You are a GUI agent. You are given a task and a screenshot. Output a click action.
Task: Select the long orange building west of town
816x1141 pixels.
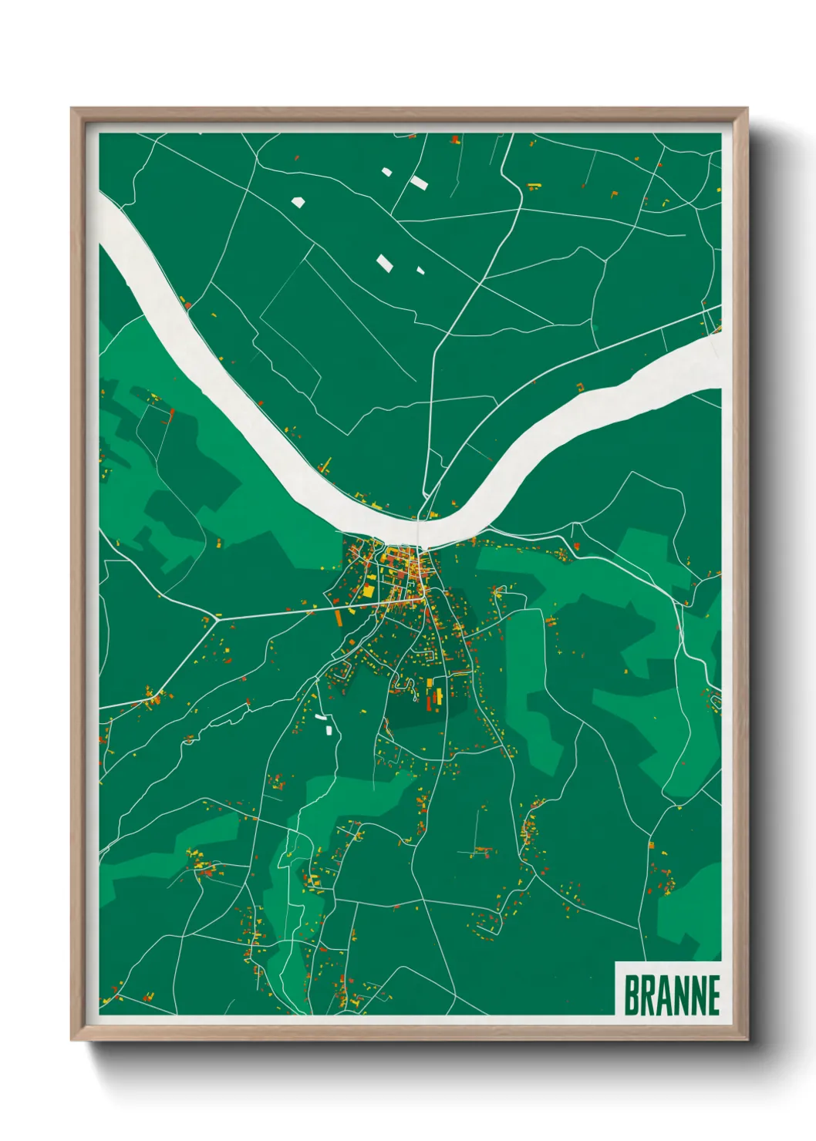click(339, 617)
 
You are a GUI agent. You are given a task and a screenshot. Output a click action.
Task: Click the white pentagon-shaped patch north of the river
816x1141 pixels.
click(298, 202)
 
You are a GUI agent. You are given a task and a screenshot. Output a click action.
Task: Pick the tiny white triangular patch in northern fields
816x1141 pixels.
click(420, 271)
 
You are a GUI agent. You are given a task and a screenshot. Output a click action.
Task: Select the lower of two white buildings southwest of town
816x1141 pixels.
click(329, 729)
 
